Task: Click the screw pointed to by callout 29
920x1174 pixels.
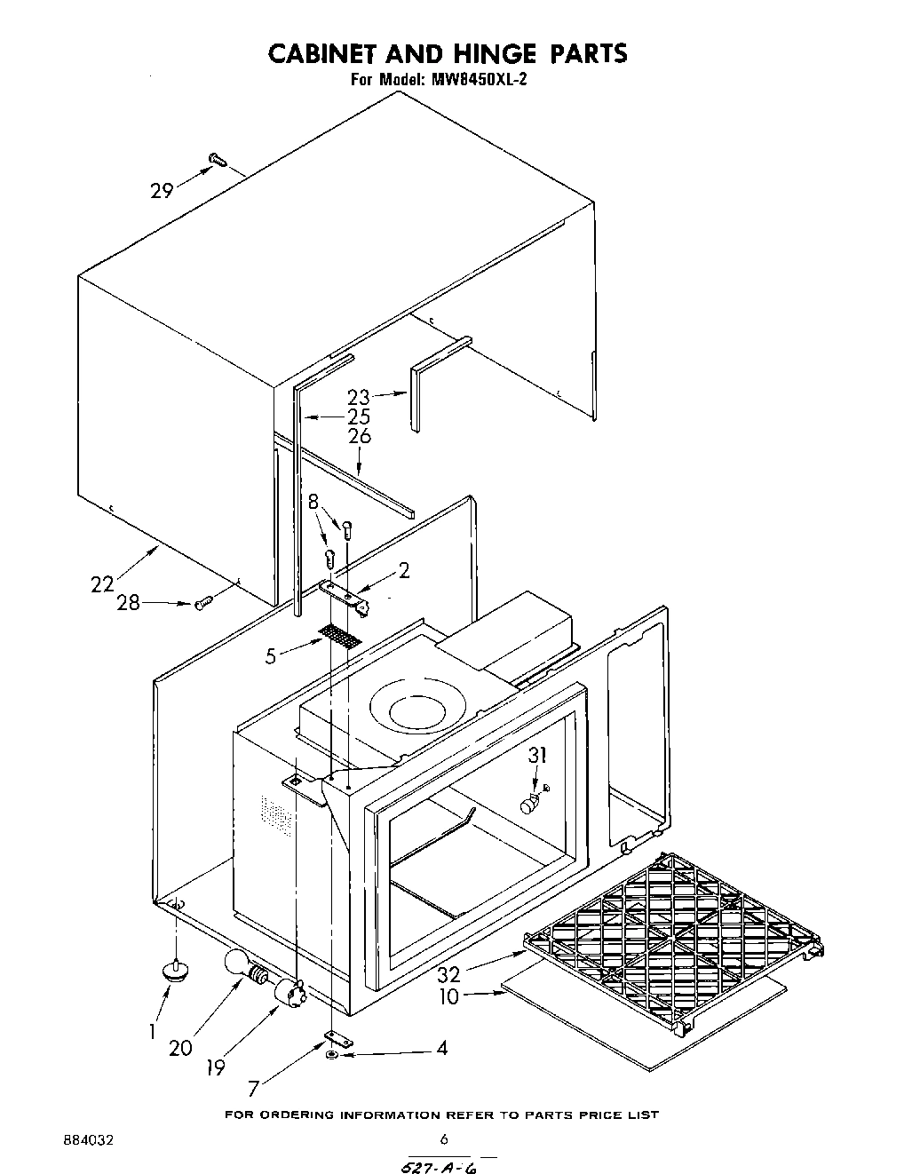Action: point(217,160)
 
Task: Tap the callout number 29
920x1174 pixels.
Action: point(161,190)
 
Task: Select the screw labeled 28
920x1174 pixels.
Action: point(203,603)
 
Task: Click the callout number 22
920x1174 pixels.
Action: point(102,583)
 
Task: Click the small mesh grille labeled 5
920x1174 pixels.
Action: point(340,636)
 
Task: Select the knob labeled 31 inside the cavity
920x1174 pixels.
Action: point(530,805)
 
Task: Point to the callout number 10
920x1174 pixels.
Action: point(449,996)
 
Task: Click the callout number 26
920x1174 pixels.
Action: point(360,436)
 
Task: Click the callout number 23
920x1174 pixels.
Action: point(358,397)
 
